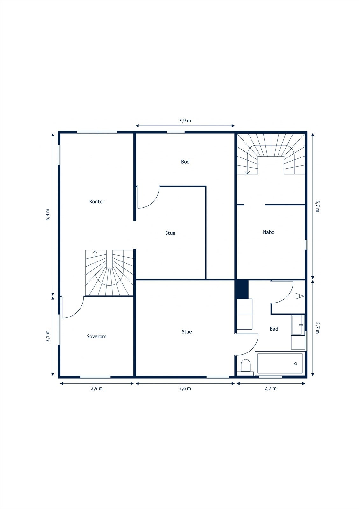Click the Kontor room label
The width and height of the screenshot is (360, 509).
click(97, 202)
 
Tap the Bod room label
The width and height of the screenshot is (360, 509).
click(185, 162)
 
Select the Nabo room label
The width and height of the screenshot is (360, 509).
click(269, 232)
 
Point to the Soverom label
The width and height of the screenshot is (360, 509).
click(97, 336)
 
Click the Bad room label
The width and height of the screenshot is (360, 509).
click(274, 329)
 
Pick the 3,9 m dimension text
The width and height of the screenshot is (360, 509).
click(185, 121)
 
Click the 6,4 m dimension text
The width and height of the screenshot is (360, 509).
click(48, 214)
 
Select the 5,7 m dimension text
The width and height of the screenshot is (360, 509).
click(317, 206)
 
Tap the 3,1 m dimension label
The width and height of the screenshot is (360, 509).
click(48, 336)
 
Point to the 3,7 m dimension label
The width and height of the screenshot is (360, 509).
click(317, 327)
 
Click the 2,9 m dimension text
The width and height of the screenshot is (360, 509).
click(97, 388)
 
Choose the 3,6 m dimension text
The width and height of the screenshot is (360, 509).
click(185, 388)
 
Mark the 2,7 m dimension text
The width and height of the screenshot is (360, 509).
click(271, 388)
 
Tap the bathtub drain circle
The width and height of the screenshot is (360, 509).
click(296, 364)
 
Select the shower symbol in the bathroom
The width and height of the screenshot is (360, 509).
click(300, 296)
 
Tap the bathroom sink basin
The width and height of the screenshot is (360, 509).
click(298, 325)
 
